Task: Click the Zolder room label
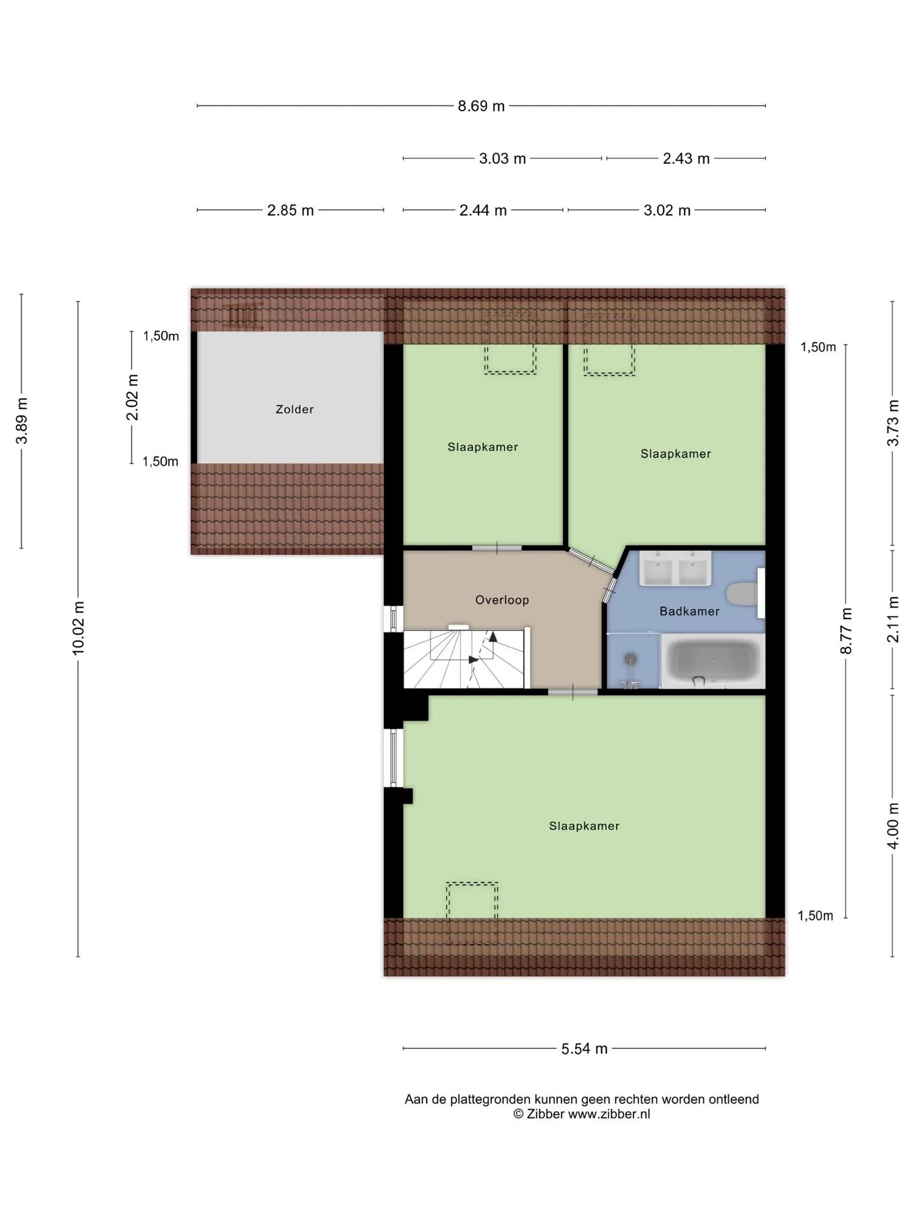pyautogui.click(x=295, y=410)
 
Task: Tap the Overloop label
pyautogui.click(x=502, y=600)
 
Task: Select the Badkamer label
pyautogui.click(x=689, y=611)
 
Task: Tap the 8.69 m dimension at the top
pyautogui.click(x=481, y=106)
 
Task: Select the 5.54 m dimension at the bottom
pyautogui.click(x=584, y=1049)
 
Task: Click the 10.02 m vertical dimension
pyautogui.click(x=78, y=628)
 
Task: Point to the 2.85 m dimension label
pyautogui.click(x=290, y=210)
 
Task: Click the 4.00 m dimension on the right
pyautogui.click(x=893, y=825)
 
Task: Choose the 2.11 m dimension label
pyautogui.click(x=893, y=619)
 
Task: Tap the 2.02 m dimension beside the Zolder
pyautogui.click(x=132, y=397)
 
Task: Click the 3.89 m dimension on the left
pyautogui.click(x=22, y=421)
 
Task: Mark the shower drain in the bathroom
pyautogui.click(x=630, y=658)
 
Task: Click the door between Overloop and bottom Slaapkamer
pyautogui.click(x=573, y=692)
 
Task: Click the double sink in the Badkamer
pyautogui.click(x=675, y=568)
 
